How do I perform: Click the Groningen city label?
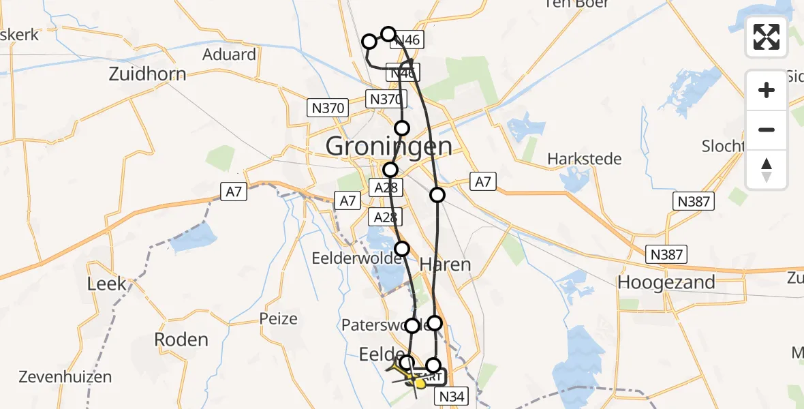pyautogui.click(x=388, y=146)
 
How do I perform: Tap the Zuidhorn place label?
pyautogui.click(x=147, y=74)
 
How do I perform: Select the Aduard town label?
pyautogui.click(x=229, y=55)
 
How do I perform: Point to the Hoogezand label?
pyautogui.click(x=666, y=282)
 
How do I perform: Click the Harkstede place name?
pyautogui.click(x=585, y=159)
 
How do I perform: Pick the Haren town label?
pyautogui.click(x=445, y=264)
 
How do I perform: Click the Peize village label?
pyautogui.click(x=278, y=318)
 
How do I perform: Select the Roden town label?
pyautogui.click(x=181, y=339)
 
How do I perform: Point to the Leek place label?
pyautogui.click(x=107, y=283)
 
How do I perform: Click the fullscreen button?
pyautogui.click(x=767, y=37)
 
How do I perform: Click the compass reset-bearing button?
pyautogui.click(x=767, y=170)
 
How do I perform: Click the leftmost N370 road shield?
pyautogui.click(x=328, y=107)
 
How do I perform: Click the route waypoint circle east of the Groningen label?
pyautogui.click(x=437, y=195)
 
